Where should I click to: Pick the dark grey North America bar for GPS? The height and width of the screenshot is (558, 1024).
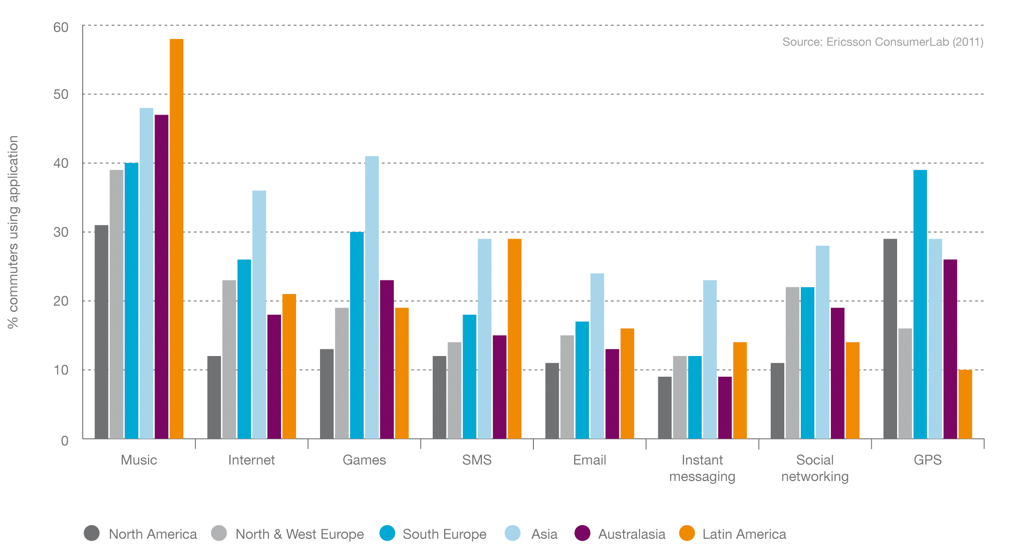(890, 339)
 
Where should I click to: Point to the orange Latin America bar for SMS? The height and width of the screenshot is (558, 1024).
(514, 339)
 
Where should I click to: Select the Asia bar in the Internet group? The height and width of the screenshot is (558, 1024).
(259, 315)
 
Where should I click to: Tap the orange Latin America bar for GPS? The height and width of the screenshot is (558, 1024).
(965, 404)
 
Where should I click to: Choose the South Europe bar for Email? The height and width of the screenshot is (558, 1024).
(582, 380)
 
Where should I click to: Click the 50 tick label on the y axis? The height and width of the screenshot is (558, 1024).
(61, 94)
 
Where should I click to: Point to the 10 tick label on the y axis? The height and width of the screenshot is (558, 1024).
(61, 370)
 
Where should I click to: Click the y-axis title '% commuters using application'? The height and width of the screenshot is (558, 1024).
(13, 232)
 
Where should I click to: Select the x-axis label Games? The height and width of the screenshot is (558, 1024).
(364, 460)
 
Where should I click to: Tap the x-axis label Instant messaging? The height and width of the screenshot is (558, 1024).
(702, 468)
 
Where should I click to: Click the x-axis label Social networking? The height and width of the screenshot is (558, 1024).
(815, 468)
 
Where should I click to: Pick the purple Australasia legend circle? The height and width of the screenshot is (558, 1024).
(582, 533)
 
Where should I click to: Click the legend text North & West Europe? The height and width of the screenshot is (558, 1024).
(299, 534)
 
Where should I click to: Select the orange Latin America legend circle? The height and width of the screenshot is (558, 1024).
(687, 533)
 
